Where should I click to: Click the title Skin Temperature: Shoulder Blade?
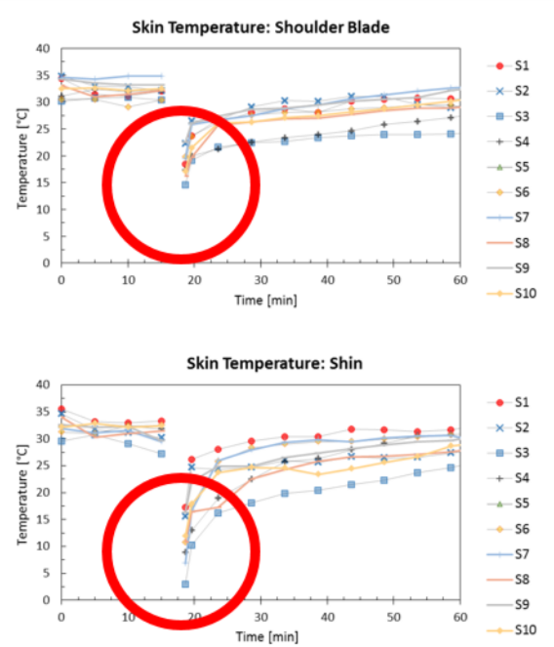coord(260,27)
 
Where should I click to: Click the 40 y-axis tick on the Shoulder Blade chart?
coord(42,48)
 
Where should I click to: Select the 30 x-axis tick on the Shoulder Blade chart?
coord(260,280)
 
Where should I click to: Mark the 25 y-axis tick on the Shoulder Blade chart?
coord(42,129)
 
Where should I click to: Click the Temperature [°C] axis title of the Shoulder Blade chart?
coord(21,156)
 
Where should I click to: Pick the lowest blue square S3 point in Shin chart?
coord(184,584)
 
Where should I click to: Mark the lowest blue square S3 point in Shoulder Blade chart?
coord(184,184)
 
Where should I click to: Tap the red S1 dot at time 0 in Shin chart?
coord(61,410)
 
